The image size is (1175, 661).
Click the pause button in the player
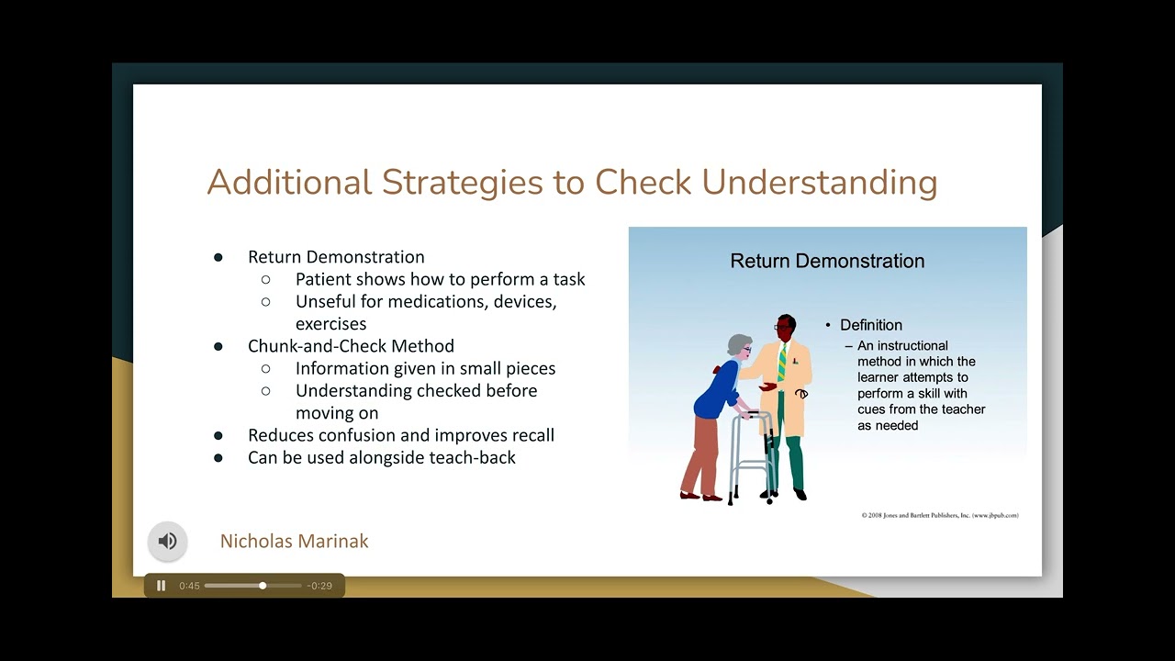pyautogui.click(x=162, y=586)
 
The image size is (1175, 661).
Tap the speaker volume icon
pyautogui.click(x=167, y=541)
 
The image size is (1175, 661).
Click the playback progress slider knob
pyautogui.click(x=263, y=586)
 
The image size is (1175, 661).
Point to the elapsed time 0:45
pyautogui.click(x=189, y=586)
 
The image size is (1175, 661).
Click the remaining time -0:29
pyautogui.click(x=319, y=586)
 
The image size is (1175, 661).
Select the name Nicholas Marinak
pyautogui.click(x=294, y=541)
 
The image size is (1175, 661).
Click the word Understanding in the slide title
pyautogui.click(x=819, y=182)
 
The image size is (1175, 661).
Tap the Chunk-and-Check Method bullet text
pyautogui.click(x=351, y=346)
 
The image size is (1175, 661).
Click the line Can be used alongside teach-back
pyautogui.click(x=381, y=457)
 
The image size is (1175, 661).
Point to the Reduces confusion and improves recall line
pyautogui.click(x=400, y=435)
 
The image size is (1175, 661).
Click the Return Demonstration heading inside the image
pyautogui.click(x=826, y=261)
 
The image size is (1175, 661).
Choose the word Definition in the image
pyautogui.click(x=870, y=325)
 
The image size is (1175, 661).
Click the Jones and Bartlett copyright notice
pyautogui.click(x=939, y=515)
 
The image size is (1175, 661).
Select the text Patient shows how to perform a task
pyautogui.click(x=440, y=279)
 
